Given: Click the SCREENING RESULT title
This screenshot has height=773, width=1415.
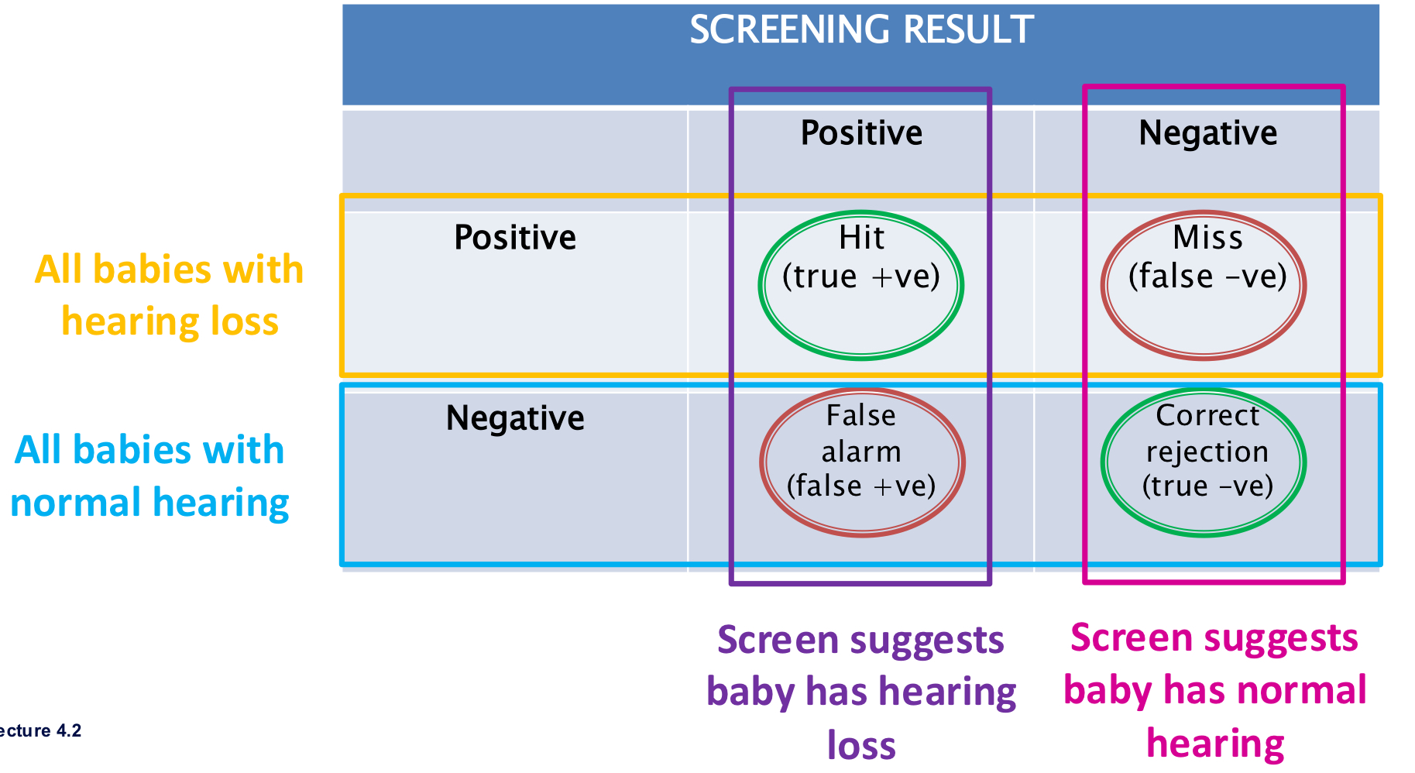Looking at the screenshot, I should [x=860, y=31].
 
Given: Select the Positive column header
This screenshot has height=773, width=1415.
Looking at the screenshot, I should [x=861, y=133].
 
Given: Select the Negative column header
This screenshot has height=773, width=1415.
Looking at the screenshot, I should [x=1207, y=133].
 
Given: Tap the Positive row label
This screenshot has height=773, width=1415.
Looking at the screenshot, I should [x=515, y=238].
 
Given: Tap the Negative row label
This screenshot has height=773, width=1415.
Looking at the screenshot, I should [x=515, y=418].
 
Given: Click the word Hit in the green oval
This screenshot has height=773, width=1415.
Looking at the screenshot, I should [x=861, y=238].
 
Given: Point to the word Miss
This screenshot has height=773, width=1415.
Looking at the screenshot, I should [x=1207, y=238].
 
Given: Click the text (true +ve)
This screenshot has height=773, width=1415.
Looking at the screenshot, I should [x=861, y=277].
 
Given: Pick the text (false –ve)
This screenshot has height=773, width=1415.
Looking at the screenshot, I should [x=1207, y=277].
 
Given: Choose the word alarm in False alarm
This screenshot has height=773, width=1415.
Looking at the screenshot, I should [x=861, y=452].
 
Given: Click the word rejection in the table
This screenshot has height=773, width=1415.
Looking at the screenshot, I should [x=1207, y=452].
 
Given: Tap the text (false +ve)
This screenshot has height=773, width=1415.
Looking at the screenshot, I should [x=861, y=486].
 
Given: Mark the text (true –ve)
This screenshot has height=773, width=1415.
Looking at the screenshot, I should [x=1207, y=486].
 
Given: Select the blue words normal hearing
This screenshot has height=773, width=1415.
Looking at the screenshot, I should [x=149, y=503].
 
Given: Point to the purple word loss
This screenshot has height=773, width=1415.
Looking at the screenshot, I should [x=861, y=745].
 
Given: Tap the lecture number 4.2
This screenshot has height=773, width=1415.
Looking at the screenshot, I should [x=69, y=731].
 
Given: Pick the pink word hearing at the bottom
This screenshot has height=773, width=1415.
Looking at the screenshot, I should [x=1215, y=744].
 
